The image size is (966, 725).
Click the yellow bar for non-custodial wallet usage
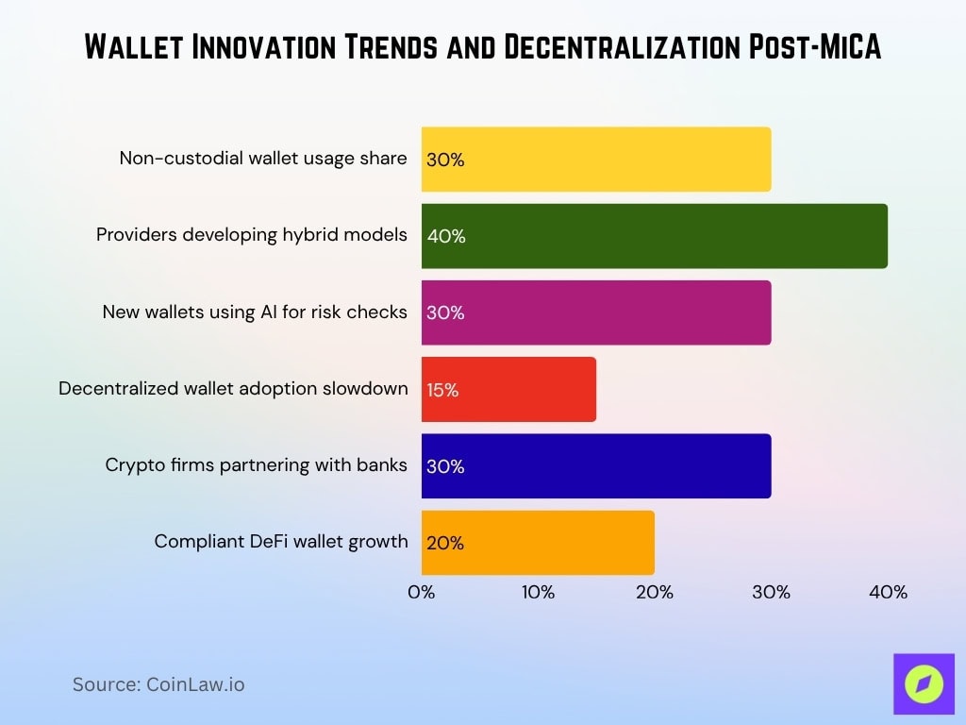[x=596, y=160]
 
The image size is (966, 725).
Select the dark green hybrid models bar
[x=654, y=236]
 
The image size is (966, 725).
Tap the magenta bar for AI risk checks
[x=596, y=312]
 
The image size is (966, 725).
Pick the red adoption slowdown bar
[x=508, y=389]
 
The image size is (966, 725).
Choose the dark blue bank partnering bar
[x=596, y=466]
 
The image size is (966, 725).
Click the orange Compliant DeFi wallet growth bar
[x=538, y=543]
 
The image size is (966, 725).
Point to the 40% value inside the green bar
[x=446, y=237]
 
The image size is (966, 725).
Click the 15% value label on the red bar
[x=442, y=390]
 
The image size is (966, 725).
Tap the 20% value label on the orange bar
[x=445, y=544]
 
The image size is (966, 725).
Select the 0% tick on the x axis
[x=422, y=593]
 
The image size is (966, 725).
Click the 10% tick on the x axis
[x=538, y=593]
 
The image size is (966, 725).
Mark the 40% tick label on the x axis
[x=888, y=593]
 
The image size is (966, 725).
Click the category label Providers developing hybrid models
[x=252, y=235]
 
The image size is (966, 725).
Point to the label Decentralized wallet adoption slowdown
[x=233, y=388]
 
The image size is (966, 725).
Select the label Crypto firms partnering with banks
[x=257, y=464]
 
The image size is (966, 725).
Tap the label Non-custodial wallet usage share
[x=263, y=158]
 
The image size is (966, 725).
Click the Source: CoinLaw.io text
[x=158, y=684]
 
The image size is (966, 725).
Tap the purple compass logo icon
[x=924, y=684]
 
